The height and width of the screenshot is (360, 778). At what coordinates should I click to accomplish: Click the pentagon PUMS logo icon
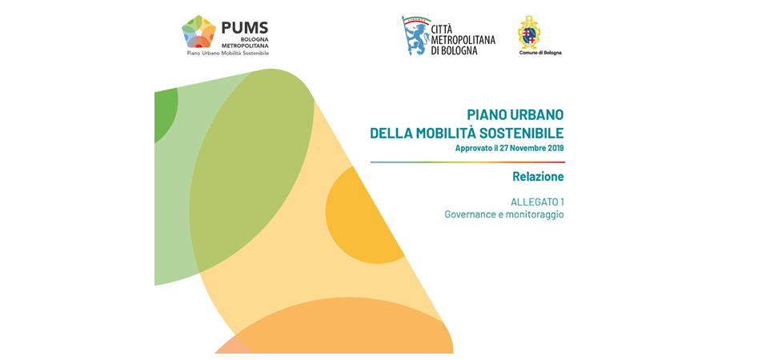point(199,31)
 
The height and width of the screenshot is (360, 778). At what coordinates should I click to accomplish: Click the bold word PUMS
point(245,28)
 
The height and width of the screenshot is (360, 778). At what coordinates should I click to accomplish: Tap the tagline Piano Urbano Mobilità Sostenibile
point(228,53)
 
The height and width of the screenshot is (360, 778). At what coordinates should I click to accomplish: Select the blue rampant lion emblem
point(415,35)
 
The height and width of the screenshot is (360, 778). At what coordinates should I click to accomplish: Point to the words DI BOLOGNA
point(455,50)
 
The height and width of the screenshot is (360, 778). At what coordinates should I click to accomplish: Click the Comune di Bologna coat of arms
point(529,32)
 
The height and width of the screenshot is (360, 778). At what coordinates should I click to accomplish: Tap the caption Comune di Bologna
point(540,53)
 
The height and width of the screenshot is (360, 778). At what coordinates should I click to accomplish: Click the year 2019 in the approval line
point(555,148)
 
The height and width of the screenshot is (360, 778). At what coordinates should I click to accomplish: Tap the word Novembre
point(527,148)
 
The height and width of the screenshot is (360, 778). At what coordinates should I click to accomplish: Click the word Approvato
point(473,148)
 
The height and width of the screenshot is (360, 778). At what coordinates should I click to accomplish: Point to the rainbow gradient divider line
point(467,162)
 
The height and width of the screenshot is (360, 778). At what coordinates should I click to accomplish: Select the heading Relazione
point(539,176)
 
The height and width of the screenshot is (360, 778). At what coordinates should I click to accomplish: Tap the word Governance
point(468,215)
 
